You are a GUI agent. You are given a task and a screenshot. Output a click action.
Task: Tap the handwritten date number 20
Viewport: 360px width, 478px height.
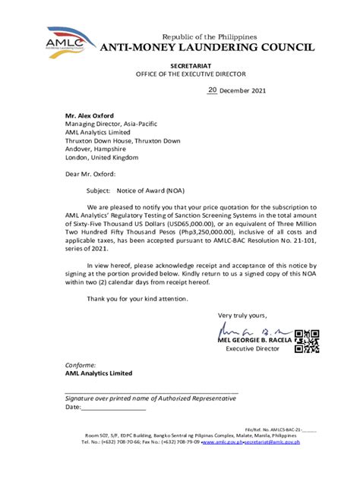point(213,90)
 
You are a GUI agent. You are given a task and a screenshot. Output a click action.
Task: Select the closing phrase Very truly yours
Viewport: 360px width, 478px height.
point(242,315)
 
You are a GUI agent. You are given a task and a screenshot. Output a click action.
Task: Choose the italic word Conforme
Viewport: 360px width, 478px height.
point(81,364)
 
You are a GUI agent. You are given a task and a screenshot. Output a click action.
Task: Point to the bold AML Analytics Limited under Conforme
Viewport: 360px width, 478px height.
point(99,373)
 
